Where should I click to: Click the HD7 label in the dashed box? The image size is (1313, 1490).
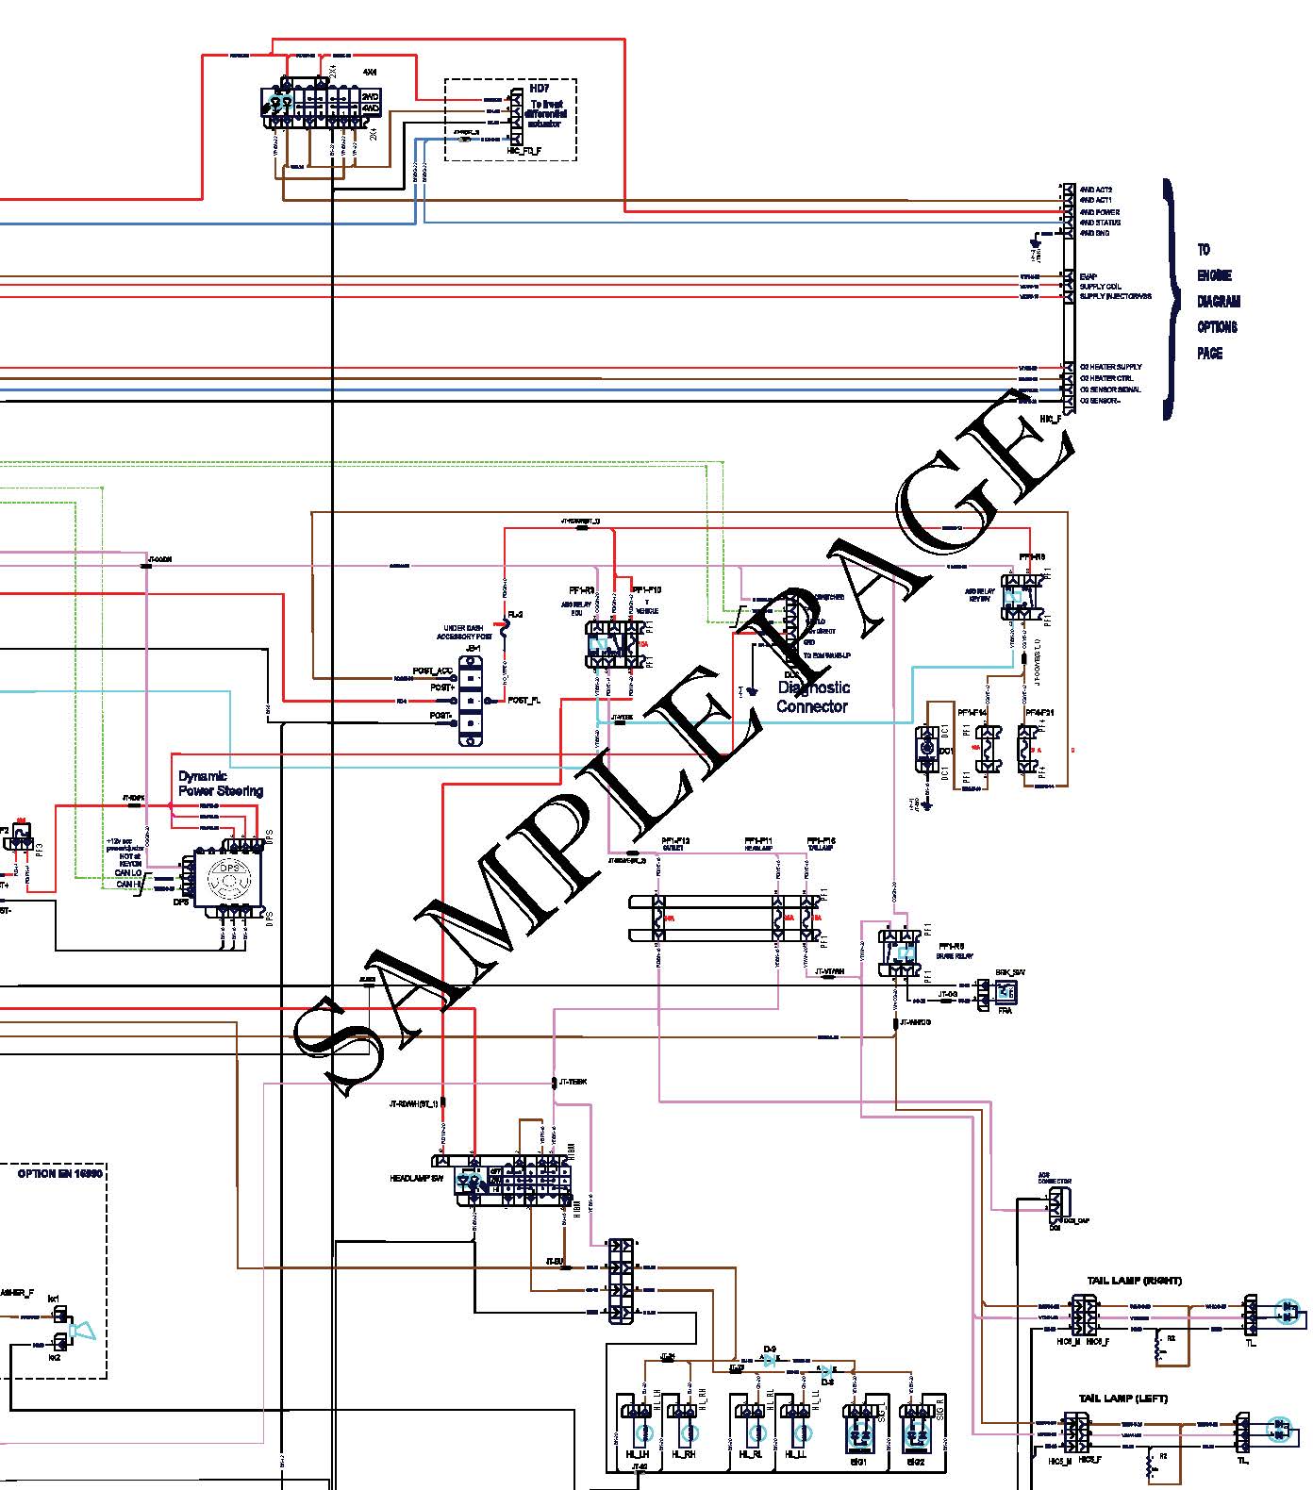(x=540, y=89)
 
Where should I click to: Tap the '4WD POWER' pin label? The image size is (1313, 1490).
(x=1100, y=212)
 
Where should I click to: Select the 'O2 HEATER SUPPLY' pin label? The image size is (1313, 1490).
(x=1111, y=367)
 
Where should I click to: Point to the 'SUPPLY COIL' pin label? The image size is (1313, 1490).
(x=1101, y=287)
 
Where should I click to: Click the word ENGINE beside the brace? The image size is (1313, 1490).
(x=1214, y=275)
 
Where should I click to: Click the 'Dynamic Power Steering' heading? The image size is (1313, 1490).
(x=221, y=784)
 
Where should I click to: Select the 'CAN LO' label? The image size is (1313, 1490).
(x=128, y=873)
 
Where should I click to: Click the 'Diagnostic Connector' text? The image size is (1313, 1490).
(x=812, y=697)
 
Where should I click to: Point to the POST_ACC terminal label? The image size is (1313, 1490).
(x=433, y=671)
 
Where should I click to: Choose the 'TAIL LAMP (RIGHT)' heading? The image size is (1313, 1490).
(x=1134, y=1281)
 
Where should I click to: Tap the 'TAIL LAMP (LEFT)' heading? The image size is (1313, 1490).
(x=1123, y=1399)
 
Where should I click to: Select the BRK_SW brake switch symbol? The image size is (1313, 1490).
(x=1006, y=991)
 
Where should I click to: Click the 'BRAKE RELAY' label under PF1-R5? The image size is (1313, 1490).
(x=955, y=956)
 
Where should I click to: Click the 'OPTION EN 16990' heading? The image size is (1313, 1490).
(x=60, y=1174)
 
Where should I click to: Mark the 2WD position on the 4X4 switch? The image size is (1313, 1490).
(x=371, y=96)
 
